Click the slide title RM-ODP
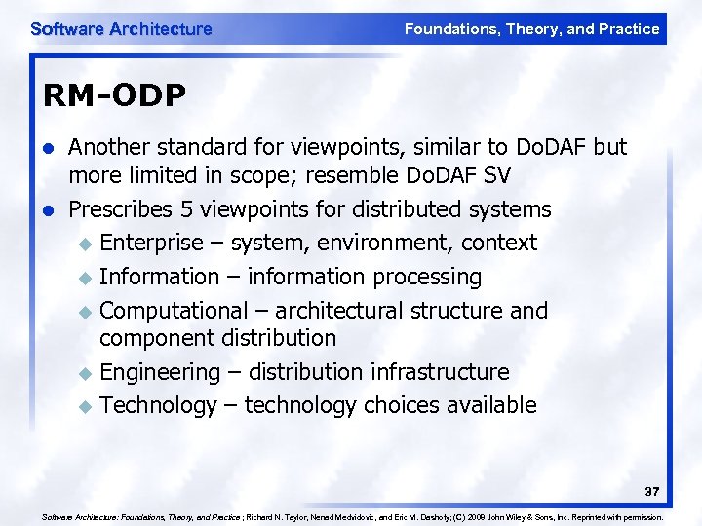click(x=115, y=95)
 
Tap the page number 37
click(x=653, y=490)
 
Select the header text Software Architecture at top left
click(x=121, y=29)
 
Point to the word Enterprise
click(x=152, y=243)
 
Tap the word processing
click(x=428, y=278)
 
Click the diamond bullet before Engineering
click(x=85, y=373)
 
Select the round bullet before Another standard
click(x=50, y=148)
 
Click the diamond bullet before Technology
click(x=85, y=406)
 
